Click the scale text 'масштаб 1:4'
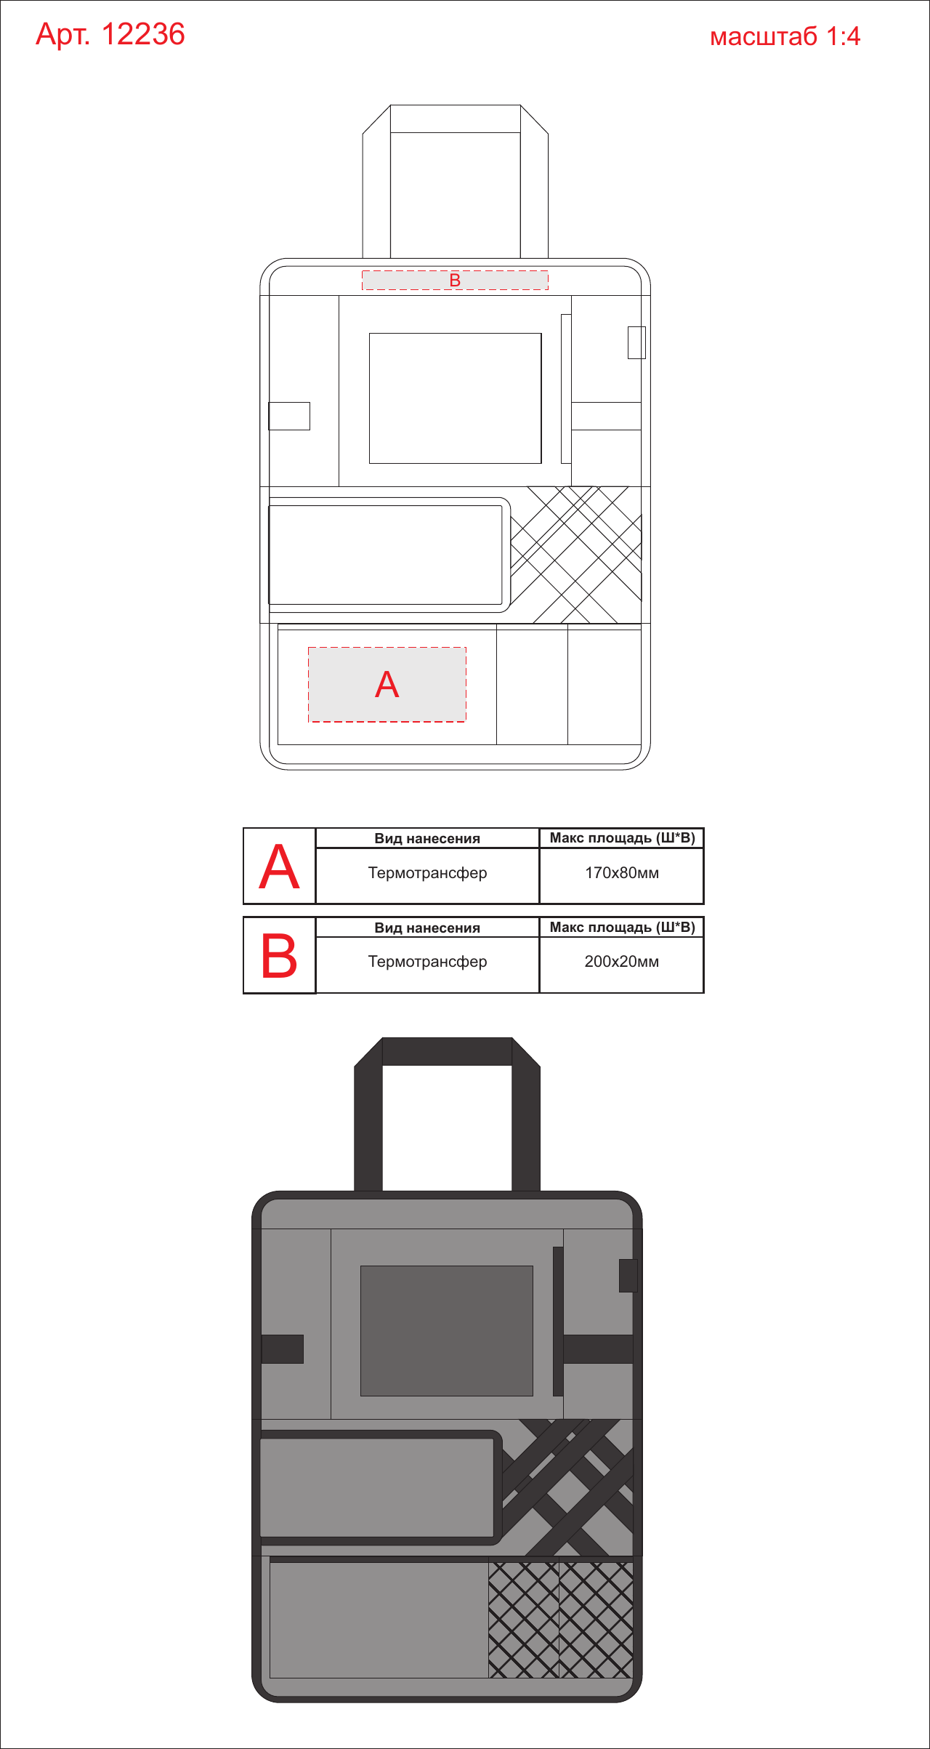click(785, 36)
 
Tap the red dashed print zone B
click(455, 280)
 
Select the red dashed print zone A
click(387, 684)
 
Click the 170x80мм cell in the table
click(622, 872)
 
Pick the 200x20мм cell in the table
click(622, 961)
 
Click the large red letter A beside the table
click(279, 867)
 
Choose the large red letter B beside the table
click(279, 956)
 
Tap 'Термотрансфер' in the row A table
click(427, 873)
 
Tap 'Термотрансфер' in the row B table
click(427, 962)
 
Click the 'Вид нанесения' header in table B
click(427, 928)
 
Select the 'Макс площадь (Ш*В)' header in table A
click(622, 838)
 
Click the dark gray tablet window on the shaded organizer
click(447, 1331)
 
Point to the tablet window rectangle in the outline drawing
click(456, 398)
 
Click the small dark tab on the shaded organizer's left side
click(283, 1349)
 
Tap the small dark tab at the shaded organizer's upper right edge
click(628, 1276)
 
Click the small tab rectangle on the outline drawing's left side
click(289, 416)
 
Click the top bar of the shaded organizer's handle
click(447, 1051)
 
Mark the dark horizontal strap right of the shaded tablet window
click(599, 1349)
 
